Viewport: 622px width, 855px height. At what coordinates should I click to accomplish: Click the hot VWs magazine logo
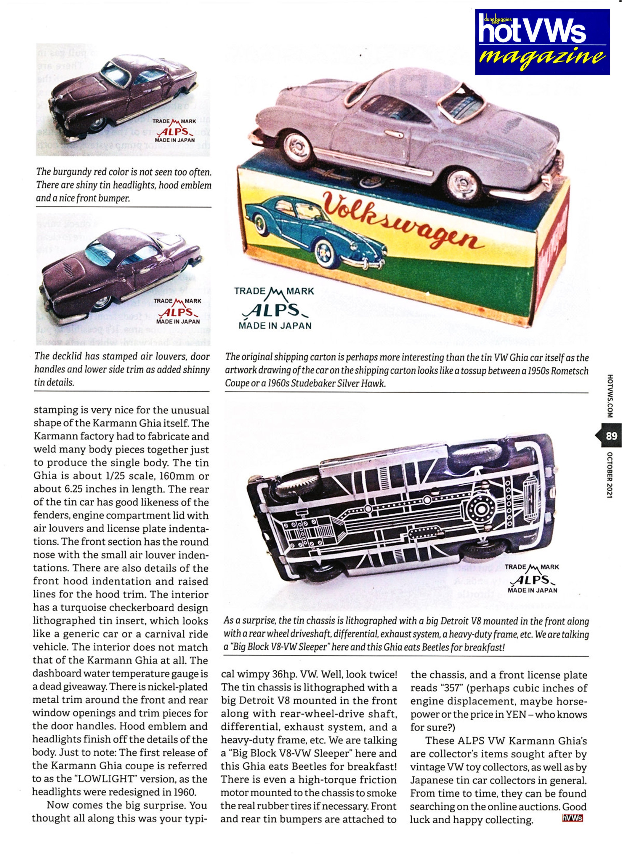[542, 42]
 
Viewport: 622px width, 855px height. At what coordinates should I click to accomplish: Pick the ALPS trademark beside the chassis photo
[532, 579]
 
